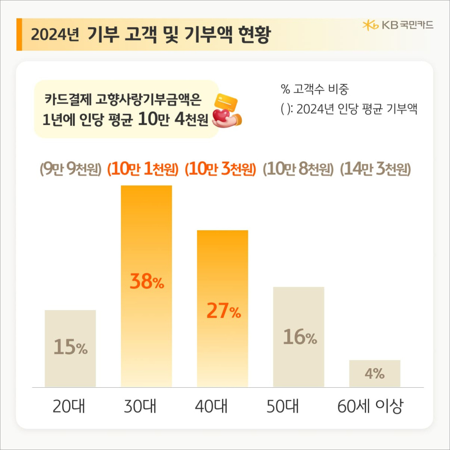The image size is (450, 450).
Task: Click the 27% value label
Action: tap(223, 311)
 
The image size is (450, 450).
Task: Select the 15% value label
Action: tap(70, 347)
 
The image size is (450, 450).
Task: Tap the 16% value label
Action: tap(300, 337)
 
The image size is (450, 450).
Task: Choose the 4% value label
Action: tap(375, 373)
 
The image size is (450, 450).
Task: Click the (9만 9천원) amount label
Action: tap(70, 169)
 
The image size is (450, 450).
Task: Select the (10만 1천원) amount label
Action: tap(143, 169)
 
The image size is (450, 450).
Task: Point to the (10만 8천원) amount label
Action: tap(298, 169)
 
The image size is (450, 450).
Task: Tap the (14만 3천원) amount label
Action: tap(375, 169)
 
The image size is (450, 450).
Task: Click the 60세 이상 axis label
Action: tap(370, 406)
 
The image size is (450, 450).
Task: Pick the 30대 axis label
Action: tap(140, 406)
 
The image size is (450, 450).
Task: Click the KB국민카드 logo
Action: tap(398, 25)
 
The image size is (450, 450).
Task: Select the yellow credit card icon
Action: tap(226, 102)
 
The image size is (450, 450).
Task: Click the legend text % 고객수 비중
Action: tap(315, 89)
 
